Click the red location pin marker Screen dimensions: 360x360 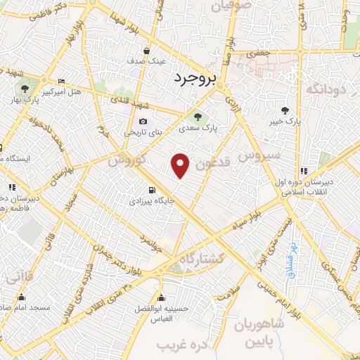click(181, 165)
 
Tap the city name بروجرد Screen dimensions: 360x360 click(198, 77)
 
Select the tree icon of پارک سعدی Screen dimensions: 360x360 click(197, 117)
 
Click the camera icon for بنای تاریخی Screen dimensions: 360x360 click(143, 121)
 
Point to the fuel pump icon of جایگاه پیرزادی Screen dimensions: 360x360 click(152, 190)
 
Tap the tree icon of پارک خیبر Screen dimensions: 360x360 click(284, 110)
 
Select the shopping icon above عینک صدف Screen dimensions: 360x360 click(146, 51)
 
